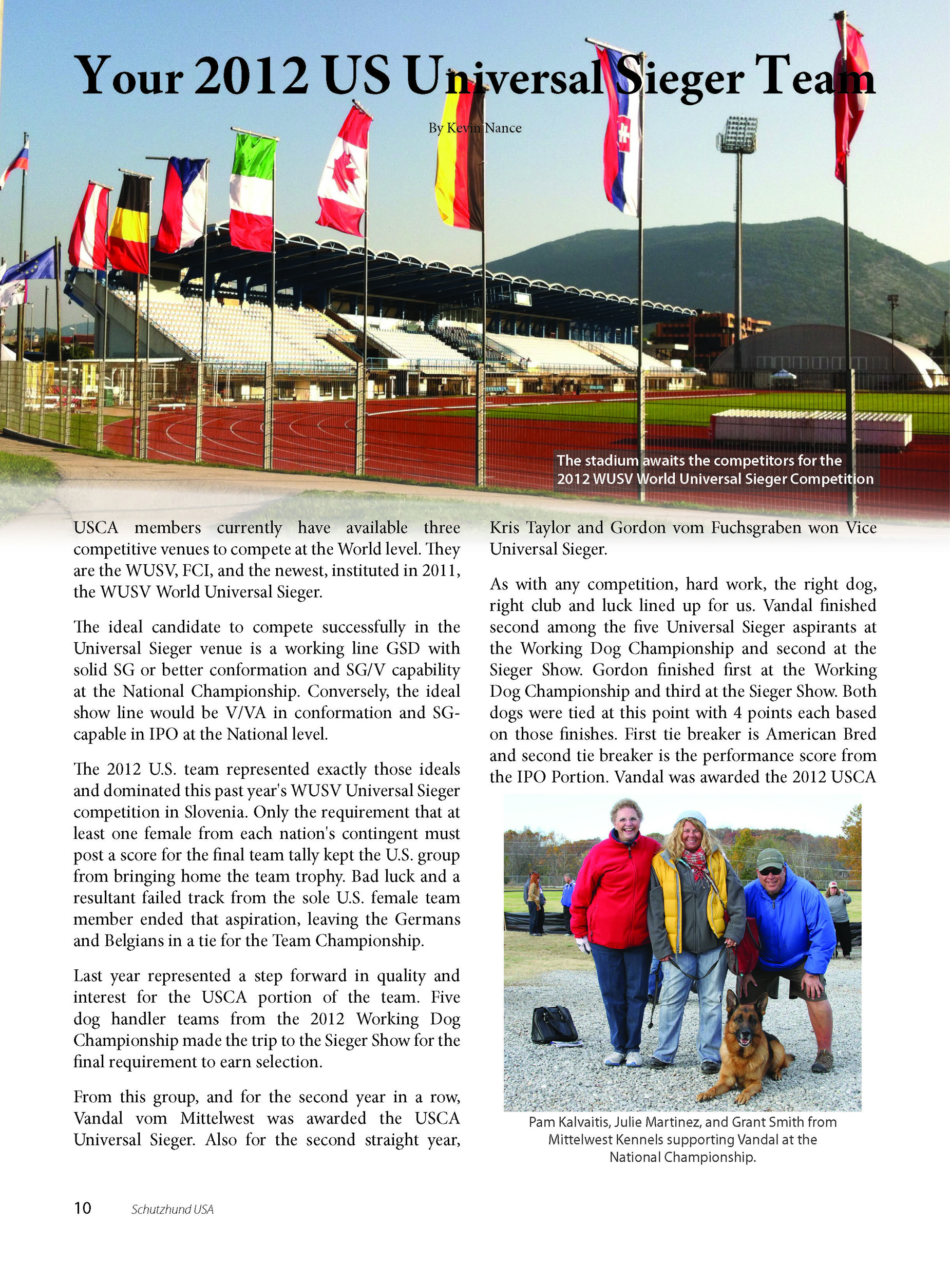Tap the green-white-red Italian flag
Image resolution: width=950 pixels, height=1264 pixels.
(253, 191)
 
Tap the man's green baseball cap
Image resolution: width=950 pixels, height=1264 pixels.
(770, 858)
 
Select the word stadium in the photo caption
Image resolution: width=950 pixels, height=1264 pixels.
(612, 461)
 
